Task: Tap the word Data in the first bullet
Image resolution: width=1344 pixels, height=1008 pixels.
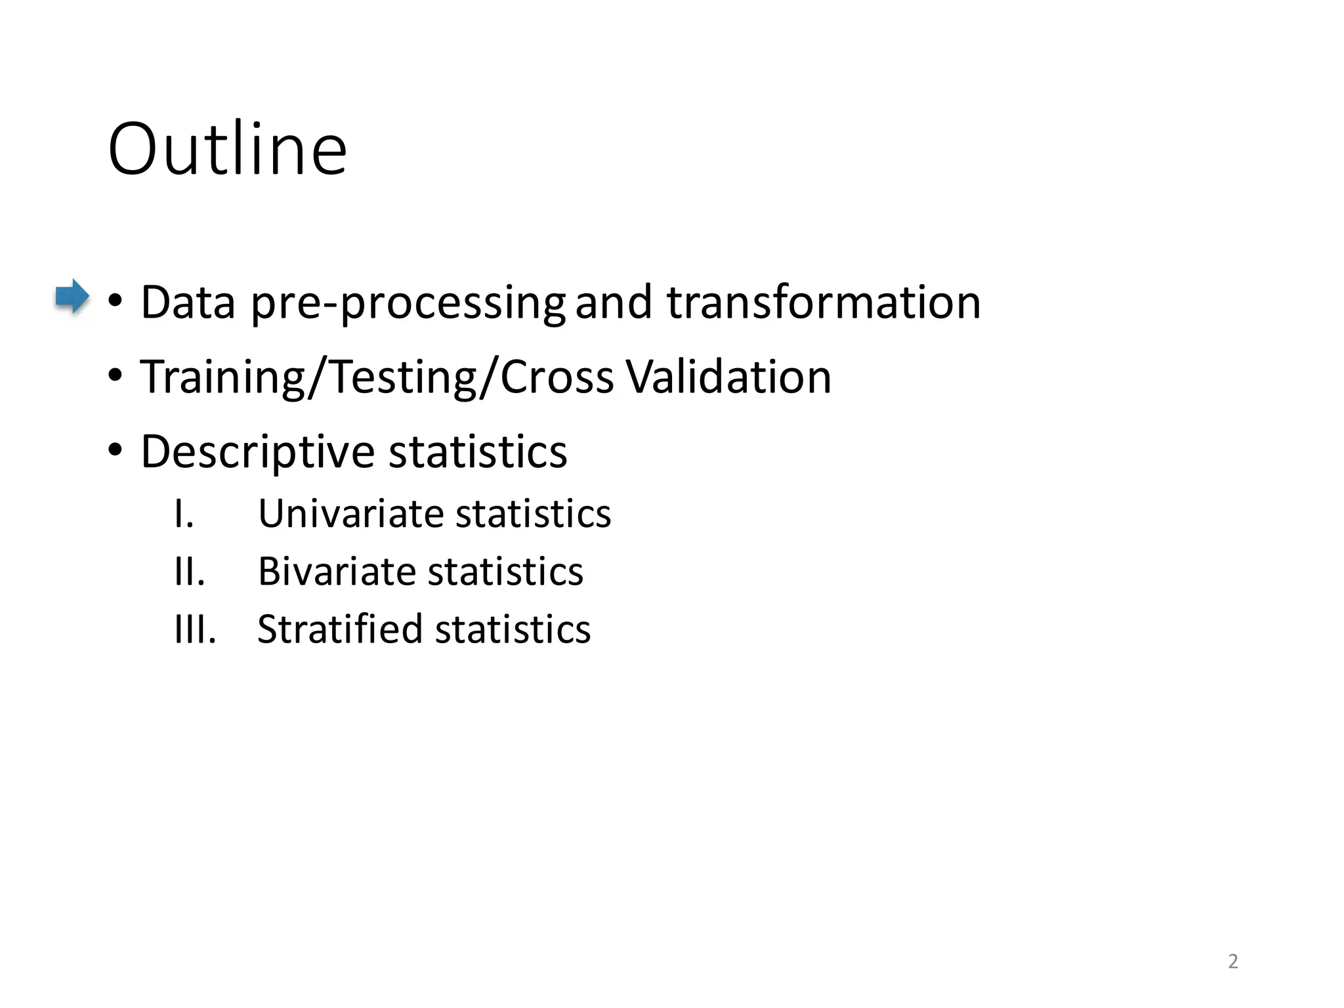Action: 188,303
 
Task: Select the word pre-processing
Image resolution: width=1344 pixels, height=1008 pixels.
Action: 408,304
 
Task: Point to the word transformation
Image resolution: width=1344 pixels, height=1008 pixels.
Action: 824,303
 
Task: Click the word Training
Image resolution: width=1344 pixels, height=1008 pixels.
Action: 222,378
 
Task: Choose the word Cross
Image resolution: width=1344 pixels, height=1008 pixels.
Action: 556,378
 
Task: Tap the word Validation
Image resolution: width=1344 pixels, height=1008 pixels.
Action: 728,377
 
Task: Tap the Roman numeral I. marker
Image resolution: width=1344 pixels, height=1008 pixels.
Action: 184,514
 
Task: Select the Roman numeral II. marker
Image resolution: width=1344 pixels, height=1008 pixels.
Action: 190,572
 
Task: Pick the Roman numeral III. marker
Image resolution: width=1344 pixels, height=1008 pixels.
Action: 195,629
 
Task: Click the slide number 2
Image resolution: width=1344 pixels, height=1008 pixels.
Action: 1232,961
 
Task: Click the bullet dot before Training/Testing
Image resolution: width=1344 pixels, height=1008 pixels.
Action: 115,377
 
